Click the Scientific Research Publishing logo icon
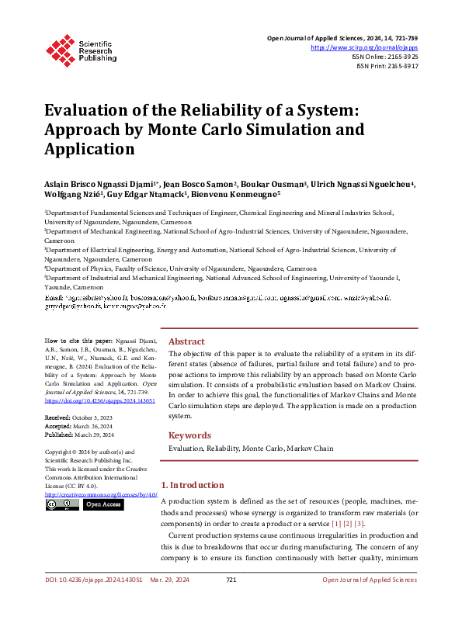pos(61,49)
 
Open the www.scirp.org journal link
pos(364,47)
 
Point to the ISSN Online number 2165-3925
pos(400,57)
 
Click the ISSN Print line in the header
pos(387,67)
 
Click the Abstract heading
pos(186,341)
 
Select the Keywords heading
pos(190,435)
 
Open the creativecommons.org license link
pos(101,494)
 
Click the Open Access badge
pos(102,504)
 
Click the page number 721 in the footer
pos(231,601)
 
